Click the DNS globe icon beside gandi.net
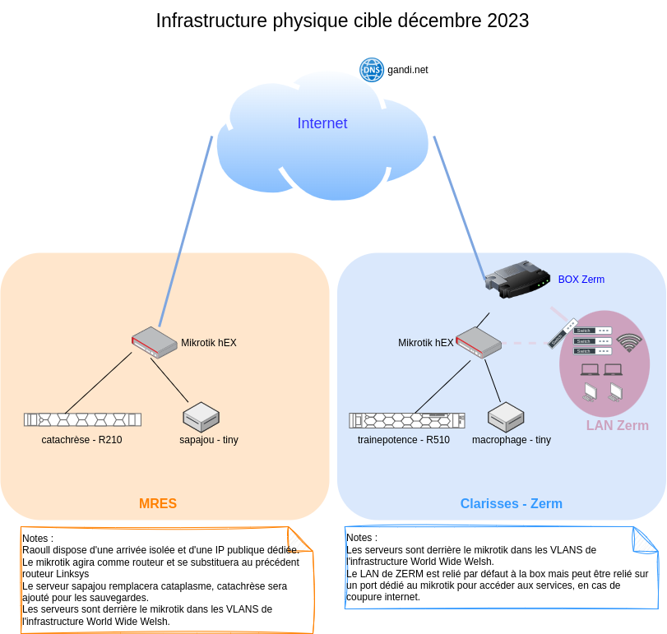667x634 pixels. (372, 70)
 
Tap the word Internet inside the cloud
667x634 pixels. (322, 123)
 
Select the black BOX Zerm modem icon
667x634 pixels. (517, 279)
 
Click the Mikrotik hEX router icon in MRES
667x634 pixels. (155, 342)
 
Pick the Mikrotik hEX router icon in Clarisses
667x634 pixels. (479, 342)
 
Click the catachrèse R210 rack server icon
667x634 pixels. (82, 419)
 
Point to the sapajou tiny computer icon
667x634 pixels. (201, 417)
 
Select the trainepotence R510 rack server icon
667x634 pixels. (407, 420)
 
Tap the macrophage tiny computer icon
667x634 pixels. (506, 417)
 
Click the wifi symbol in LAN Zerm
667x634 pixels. (629, 342)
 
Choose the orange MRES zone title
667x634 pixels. (158, 504)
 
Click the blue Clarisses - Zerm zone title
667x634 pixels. (511, 504)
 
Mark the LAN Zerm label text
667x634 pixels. (617, 426)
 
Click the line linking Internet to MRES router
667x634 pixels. (186, 230)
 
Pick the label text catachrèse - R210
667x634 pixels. (81, 440)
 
